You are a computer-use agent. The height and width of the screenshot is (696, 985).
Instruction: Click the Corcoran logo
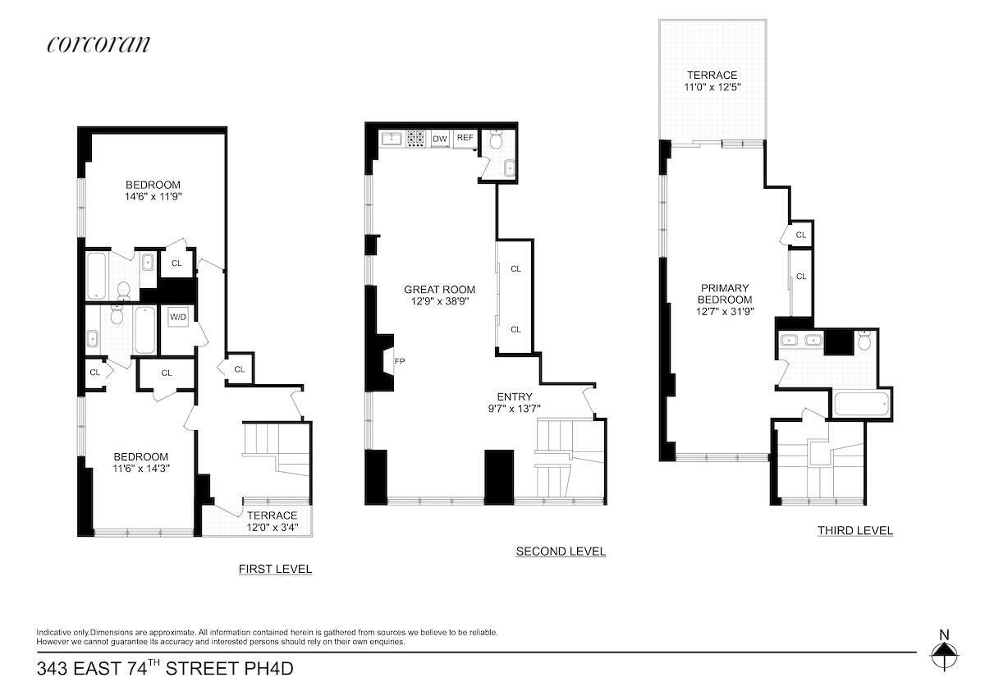pos(98,43)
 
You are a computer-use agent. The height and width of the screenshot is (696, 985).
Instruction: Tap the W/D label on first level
pos(178,318)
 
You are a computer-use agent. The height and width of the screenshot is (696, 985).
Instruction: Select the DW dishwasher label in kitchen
pos(440,139)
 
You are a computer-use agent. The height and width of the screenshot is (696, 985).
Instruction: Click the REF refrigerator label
pos(465,138)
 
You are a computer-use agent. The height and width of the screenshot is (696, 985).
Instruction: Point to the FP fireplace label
pos(400,360)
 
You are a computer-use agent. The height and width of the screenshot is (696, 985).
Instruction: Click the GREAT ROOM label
pos(439,289)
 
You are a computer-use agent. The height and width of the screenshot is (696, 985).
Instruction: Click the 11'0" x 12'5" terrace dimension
pos(712,87)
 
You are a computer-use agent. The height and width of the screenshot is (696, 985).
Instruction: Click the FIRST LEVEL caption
pos(275,569)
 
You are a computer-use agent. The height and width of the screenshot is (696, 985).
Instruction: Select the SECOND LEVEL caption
pos(561,552)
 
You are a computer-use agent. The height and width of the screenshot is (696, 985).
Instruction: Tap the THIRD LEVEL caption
pos(854,530)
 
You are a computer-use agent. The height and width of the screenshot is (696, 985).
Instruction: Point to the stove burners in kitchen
pos(415,139)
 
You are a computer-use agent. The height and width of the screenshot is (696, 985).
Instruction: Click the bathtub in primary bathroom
pos(860,404)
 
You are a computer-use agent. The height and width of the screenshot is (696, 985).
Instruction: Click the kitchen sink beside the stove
pos(392,138)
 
